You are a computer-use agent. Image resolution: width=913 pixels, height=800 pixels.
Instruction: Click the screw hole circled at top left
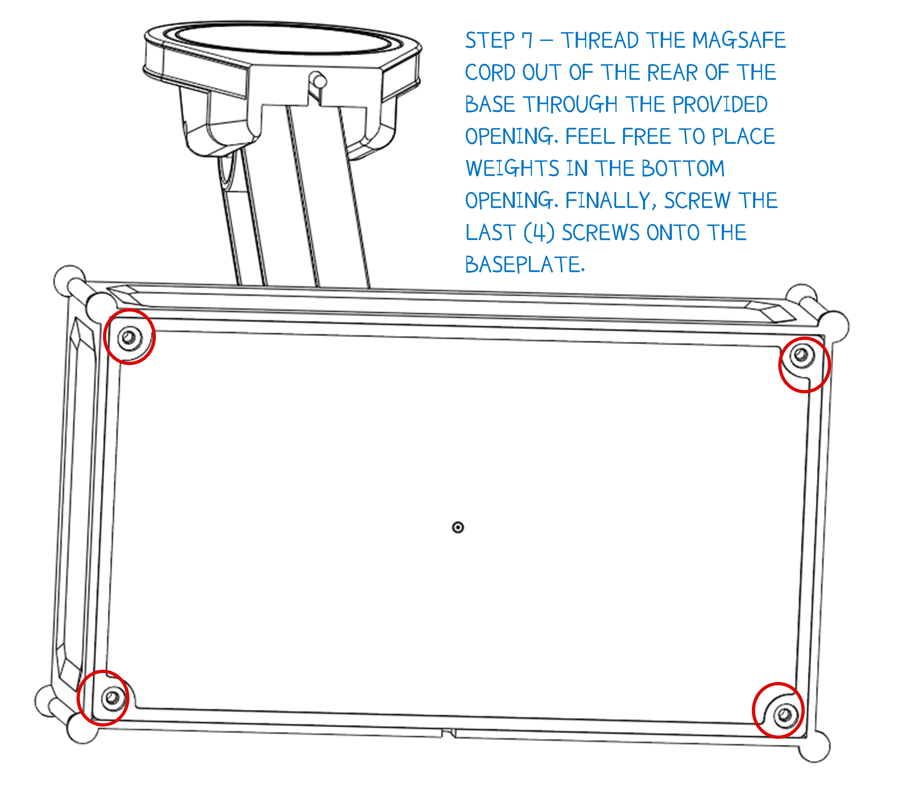[129, 337]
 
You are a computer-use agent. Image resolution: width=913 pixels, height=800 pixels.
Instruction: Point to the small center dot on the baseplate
[458, 528]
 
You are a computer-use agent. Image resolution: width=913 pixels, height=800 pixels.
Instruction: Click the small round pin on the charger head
[319, 81]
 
